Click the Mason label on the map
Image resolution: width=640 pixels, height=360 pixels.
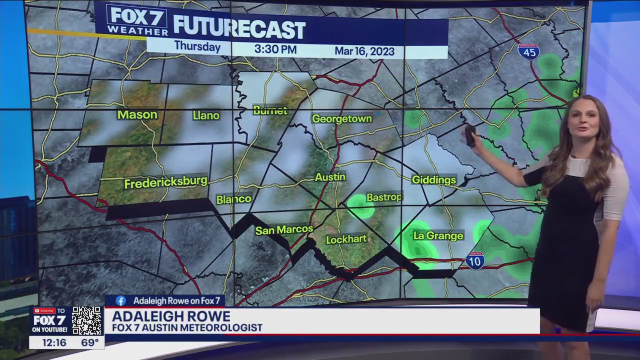(137, 115)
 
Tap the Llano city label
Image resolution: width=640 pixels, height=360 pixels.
(206, 115)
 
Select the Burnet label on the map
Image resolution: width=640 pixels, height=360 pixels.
(270, 110)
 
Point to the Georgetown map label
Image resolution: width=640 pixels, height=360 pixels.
(342, 119)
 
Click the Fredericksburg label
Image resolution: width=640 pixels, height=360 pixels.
(165, 182)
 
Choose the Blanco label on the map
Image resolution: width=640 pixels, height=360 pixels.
(233, 199)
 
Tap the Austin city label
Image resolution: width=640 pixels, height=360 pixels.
(330, 177)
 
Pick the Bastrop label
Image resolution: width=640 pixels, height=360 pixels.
(384, 197)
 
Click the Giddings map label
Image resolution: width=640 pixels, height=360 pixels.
(434, 180)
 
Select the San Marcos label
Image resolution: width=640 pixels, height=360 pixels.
(284, 230)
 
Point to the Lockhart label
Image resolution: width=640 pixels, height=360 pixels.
(346, 239)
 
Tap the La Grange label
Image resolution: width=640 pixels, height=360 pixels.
(438, 235)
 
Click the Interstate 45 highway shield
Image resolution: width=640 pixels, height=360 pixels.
(528, 51)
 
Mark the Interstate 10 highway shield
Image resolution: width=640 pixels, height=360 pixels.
(475, 260)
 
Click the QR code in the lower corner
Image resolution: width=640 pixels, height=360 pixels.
(86, 320)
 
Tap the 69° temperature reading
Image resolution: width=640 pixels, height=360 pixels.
(90, 343)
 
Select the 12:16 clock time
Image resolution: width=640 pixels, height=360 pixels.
(54, 343)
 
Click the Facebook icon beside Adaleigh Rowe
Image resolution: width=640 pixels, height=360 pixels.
(120, 300)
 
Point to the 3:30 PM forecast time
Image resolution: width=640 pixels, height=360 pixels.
(275, 49)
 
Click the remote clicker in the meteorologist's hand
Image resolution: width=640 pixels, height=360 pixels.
(470, 135)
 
